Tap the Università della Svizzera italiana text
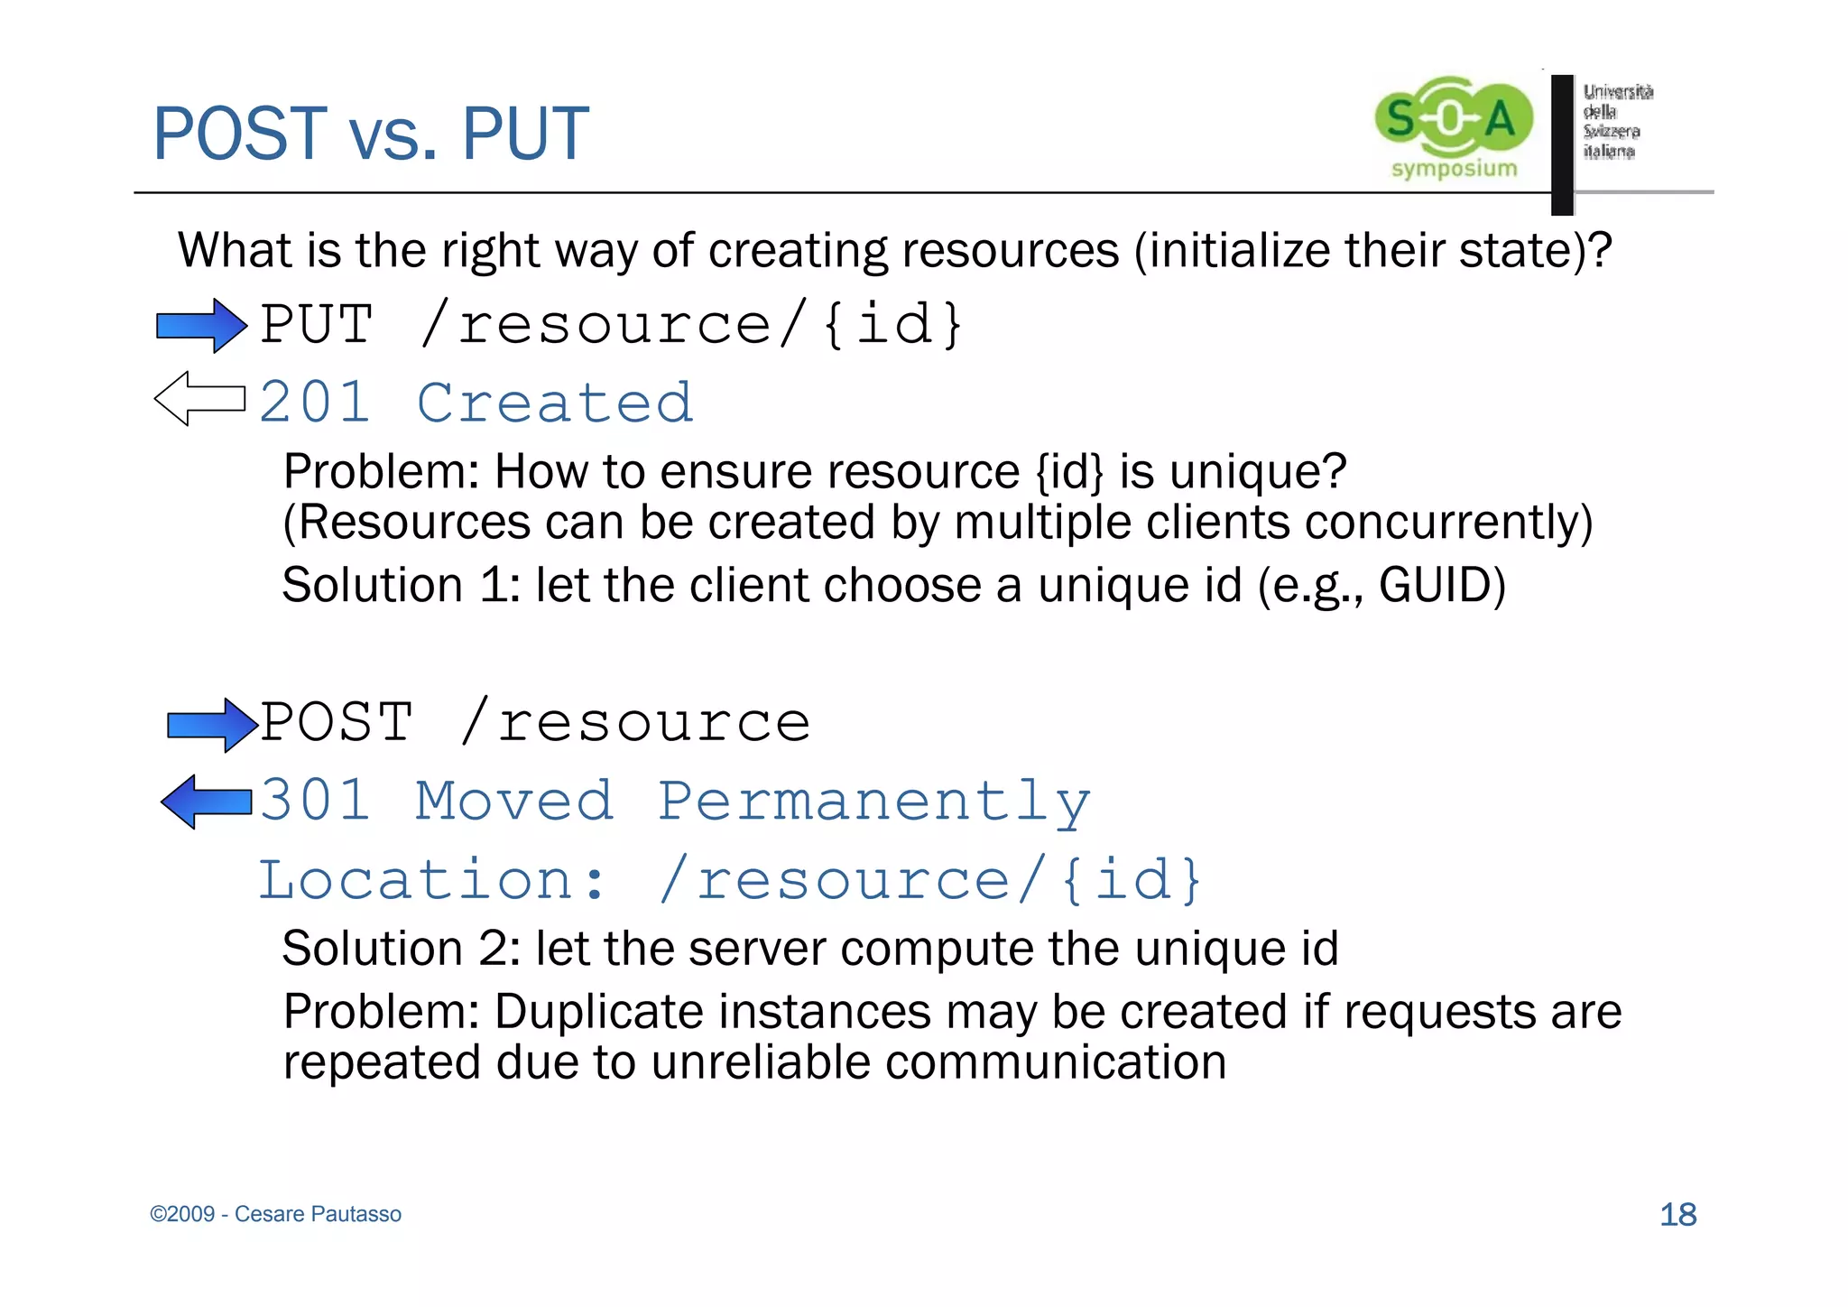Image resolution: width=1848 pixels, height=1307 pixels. pyautogui.click(x=1617, y=121)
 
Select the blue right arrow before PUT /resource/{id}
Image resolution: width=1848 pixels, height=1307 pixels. pyautogui.click(x=201, y=325)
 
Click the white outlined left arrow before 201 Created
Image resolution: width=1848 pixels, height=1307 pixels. pyautogui.click(x=199, y=398)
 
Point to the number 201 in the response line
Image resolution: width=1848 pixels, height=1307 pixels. pyautogui.click(x=314, y=403)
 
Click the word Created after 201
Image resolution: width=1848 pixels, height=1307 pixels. pyautogui.click(x=555, y=403)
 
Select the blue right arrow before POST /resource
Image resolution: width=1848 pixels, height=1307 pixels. pyautogui.click(x=212, y=725)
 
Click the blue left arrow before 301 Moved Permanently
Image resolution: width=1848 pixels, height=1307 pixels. pyautogui.click(x=206, y=802)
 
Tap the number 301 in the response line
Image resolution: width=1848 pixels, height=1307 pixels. pyautogui.click(x=314, y=801)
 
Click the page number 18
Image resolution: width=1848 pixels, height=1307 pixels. pyautogui.click(x=1678, y=1214)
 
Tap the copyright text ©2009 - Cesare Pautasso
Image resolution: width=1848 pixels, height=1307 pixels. pyautogui.click(x=275, y=1214)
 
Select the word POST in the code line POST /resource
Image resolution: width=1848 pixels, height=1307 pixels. pyautogui.click(x=337, y=722)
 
